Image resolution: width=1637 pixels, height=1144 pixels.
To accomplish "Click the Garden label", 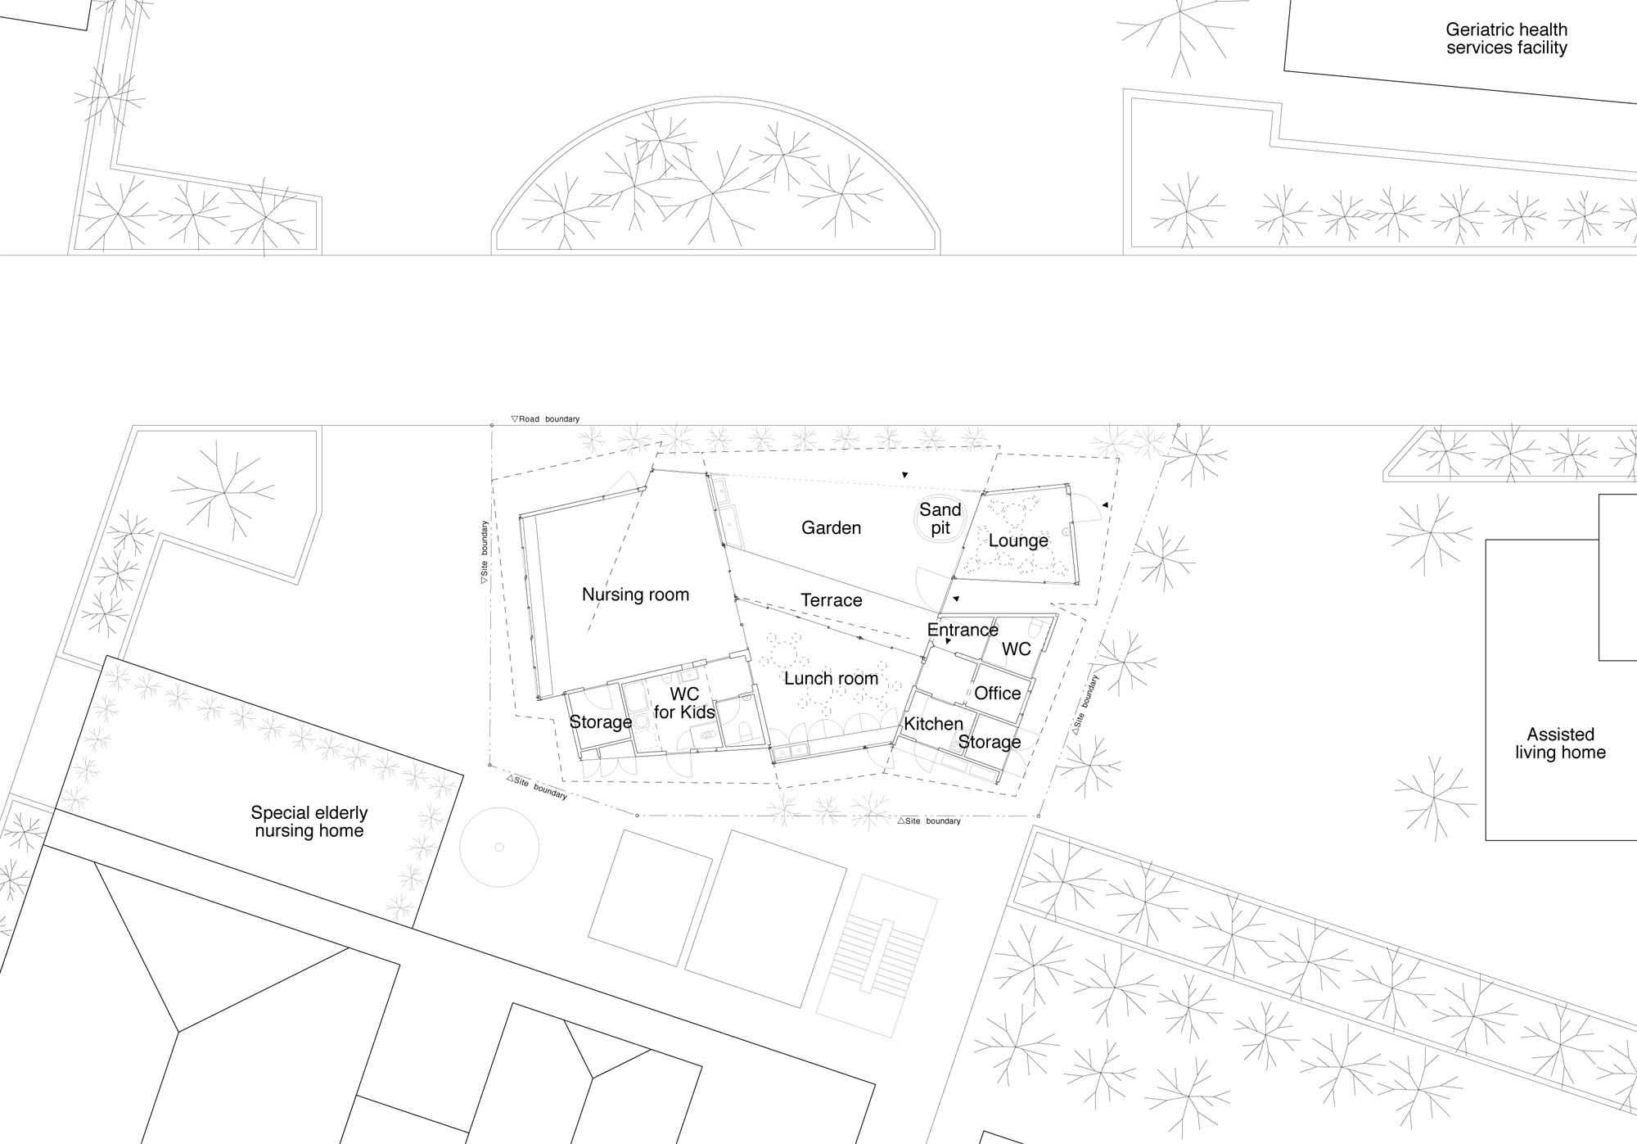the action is click(x=831, y=528).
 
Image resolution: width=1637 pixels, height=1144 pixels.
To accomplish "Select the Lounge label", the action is click(x=1018, y=540).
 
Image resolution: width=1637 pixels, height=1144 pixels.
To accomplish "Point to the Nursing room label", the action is click(x=635, y=595).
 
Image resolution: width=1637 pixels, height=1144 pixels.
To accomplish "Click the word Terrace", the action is click(x=832, y=600).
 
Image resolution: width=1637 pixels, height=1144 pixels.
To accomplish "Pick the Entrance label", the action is click(x=963, y=630).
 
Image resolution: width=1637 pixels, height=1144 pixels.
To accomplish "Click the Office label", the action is click(x=997, y=693).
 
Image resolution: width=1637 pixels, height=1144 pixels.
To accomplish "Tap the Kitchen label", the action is click(x=933, y=724).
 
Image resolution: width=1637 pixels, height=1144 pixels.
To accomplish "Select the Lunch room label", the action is click(x=831, y=679).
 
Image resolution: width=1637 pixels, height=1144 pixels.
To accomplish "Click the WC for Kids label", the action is click(x=684, y=703).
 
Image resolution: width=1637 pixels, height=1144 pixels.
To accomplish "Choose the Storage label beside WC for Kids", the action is click(x=601, y=722).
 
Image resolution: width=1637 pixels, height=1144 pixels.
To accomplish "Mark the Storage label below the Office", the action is click(x=990, y=742).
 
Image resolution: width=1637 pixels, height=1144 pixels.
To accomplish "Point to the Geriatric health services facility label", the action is click(x=1506, y=38).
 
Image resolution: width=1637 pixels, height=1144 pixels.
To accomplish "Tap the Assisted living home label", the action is click(x=1560, y=744).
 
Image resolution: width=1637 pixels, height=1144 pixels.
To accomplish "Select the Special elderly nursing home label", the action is click(x=309, y=822).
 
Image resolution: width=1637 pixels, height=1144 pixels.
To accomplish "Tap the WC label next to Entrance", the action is click(x=1017, y=649).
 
